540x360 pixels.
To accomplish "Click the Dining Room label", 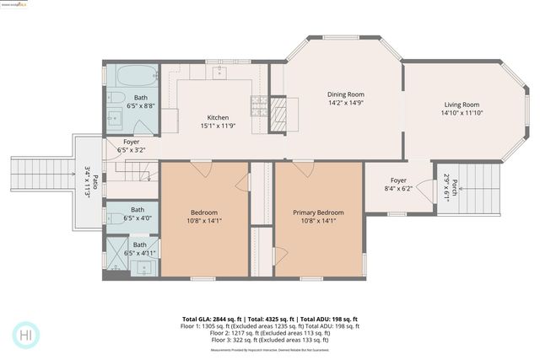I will [344, 94].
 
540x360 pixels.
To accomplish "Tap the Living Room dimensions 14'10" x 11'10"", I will [461, 113].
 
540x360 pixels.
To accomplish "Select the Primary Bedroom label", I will [318, 212].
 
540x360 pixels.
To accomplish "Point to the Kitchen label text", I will [219, 117].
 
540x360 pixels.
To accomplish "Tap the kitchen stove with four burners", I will [259, 105].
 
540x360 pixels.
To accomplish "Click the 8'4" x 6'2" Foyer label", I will [398, 185].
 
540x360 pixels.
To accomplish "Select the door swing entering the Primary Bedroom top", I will [302, 169].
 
